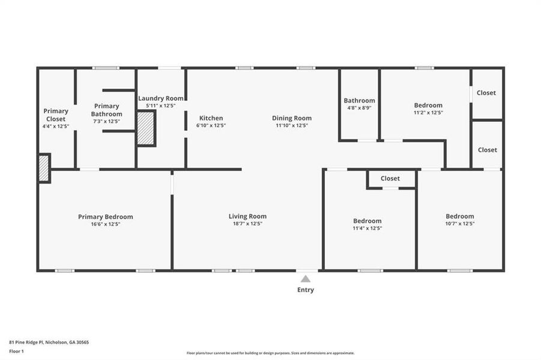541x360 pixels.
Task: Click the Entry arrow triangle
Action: click(305, 278)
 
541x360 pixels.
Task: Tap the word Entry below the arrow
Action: click(305, 290)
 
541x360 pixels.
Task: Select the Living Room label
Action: click(247, 216)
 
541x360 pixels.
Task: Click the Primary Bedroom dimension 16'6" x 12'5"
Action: click(106, 224)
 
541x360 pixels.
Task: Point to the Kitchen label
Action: click(210, 118)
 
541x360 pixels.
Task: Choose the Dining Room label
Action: click(292, 118)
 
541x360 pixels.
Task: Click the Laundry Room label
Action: click(161, 98)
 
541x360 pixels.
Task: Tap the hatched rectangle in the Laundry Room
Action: click(145, 128)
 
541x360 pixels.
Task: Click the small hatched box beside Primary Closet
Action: click(44, 169)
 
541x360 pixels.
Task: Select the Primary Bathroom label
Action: click(106, 110)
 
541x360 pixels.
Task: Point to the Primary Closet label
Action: click(56, 115)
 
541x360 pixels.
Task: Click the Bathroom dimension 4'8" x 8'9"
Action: click(359, 108)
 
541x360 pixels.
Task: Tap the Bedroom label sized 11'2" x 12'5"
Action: click(428, 105)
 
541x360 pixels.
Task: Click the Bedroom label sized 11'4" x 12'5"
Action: click(367, 221)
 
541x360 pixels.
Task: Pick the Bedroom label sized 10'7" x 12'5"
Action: click(459, 216)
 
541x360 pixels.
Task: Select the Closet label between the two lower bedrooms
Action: click(390, 178)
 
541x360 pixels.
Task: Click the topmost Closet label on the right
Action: click(486, 92)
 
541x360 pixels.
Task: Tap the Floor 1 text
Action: click(16, 350)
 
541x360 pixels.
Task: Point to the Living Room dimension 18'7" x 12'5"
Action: click(247, 224)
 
